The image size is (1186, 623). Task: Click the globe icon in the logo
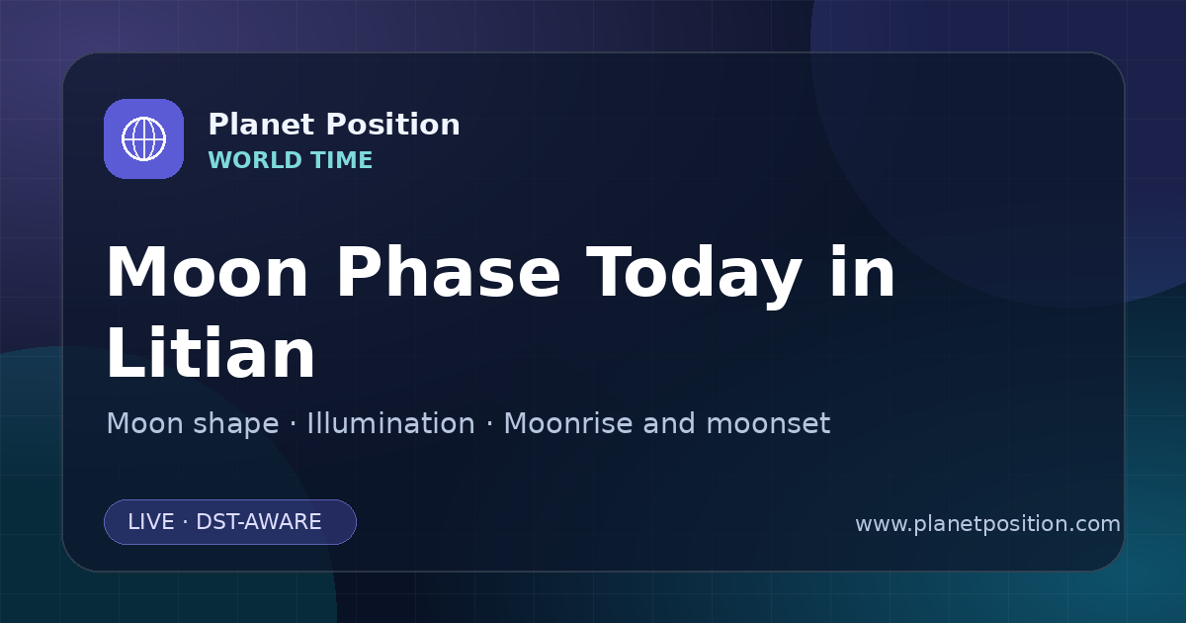click(143, 138)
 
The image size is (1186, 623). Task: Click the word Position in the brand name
click(393, 125)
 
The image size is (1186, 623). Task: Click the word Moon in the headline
click(207, 273)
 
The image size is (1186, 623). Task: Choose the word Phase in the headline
click(448, 273)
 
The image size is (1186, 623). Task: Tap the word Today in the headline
click(694, 277)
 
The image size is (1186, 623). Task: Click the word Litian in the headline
click(211, 353)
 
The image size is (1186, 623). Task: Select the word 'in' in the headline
click(863, 272)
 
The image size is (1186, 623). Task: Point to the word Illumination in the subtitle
click(390, 423)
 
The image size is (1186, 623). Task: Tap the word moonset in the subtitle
click(768, 424)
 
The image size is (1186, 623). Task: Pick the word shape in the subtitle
click(235, 424)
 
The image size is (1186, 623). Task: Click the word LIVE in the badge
click(151, 522)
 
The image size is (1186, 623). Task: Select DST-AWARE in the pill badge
click(259, 522)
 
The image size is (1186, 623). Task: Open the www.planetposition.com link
click(988, 524)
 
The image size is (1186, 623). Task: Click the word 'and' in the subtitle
click(669, 423)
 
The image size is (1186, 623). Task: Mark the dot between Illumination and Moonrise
click(490, 424)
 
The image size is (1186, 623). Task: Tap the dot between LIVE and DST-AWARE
click(186, 522)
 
